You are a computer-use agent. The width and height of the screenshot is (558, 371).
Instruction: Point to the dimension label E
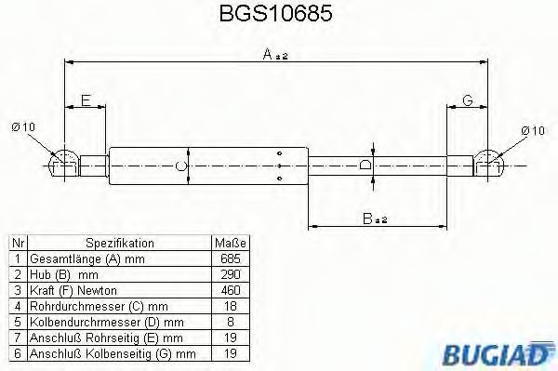click(86, 100)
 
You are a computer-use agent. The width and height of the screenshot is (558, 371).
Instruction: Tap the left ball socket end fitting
click(64, 165)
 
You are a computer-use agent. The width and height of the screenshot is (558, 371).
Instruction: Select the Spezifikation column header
click(119, 244)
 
